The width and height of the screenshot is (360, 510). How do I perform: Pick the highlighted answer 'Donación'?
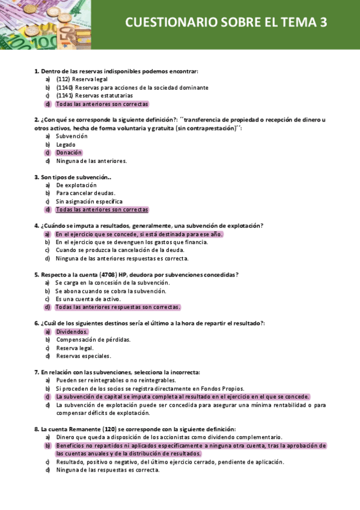[x=69, y=153]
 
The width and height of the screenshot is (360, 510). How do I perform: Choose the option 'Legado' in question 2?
[x=66, y=144]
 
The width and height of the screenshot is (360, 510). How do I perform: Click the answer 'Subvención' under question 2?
[x=72, y=136]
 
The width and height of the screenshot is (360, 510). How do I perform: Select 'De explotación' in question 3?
[x=76, y=185]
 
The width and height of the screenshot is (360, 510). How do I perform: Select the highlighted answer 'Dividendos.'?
[x=72, y=331]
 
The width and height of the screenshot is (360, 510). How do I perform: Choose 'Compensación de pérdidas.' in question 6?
[x=93, y=339]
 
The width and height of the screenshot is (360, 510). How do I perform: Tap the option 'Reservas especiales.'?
[x=84, y=355]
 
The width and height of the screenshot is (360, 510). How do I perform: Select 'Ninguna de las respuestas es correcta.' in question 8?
[x=108, y=470]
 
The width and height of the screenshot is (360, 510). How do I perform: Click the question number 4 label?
[x=37, y=226]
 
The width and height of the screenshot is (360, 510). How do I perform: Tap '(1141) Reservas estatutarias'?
[x=94, y=95]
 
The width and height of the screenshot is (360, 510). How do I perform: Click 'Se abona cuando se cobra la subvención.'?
[x=111, y=290]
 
